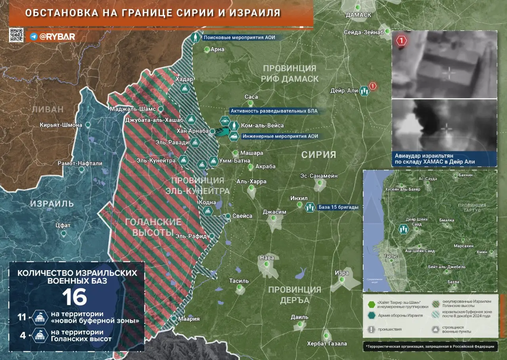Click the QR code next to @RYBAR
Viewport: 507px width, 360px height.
pos(16,36)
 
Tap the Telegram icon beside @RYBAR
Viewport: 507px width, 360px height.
pos(33,37)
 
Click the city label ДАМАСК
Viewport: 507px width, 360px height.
pos(358,15)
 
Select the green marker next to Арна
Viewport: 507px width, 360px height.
pos(207,50)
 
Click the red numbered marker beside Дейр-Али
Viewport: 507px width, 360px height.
pos(372,86)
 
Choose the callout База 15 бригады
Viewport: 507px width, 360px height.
pos(338,207)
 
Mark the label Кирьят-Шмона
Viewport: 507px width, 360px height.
pos(61,125)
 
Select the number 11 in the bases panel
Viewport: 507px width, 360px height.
pos(22,317)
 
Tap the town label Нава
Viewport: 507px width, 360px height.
pos(267,257)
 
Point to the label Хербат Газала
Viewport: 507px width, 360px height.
pos(327,343)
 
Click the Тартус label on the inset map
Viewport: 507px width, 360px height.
pos(391,256)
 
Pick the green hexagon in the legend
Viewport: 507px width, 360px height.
pos(371,304)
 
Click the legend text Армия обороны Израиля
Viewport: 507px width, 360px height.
pos(400,316)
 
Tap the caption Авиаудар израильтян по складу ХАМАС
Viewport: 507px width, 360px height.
pos(435,158)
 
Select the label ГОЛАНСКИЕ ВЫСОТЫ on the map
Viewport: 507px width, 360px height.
pos(153,227)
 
